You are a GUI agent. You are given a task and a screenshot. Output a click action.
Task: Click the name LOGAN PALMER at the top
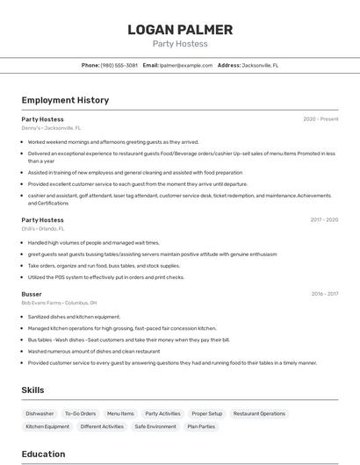click(180, 29)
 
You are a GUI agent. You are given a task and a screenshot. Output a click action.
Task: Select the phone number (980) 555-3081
click(119, 65)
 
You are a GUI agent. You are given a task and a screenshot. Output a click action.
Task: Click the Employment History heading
click(65, 100)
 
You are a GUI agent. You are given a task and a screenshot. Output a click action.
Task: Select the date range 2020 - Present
click(320, 118)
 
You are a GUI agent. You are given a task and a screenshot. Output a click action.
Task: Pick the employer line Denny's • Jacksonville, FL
click(51, 128)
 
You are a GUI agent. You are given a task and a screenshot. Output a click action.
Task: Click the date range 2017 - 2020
click(324, 219)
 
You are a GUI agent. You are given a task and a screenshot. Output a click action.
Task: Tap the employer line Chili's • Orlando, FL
click(45, 229)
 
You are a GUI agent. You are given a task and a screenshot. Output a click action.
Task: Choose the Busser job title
click(32, 294)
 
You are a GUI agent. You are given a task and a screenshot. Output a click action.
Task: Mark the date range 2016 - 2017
click(324, 294)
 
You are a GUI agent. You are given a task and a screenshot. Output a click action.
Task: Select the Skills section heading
click(32, 390)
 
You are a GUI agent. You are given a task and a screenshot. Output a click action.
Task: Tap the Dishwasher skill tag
click(40, 413)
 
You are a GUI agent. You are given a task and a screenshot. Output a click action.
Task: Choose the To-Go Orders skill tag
click(80, 413)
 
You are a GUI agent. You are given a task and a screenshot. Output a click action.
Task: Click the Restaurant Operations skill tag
click(259, 413)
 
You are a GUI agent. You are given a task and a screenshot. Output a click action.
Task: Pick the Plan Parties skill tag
click(201, 426)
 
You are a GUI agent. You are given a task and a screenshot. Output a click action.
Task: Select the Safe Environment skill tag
click(155, 426)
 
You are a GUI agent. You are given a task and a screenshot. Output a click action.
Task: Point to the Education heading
click(43, 454)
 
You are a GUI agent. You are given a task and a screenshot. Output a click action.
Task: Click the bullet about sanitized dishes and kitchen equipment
click(74, 317)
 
